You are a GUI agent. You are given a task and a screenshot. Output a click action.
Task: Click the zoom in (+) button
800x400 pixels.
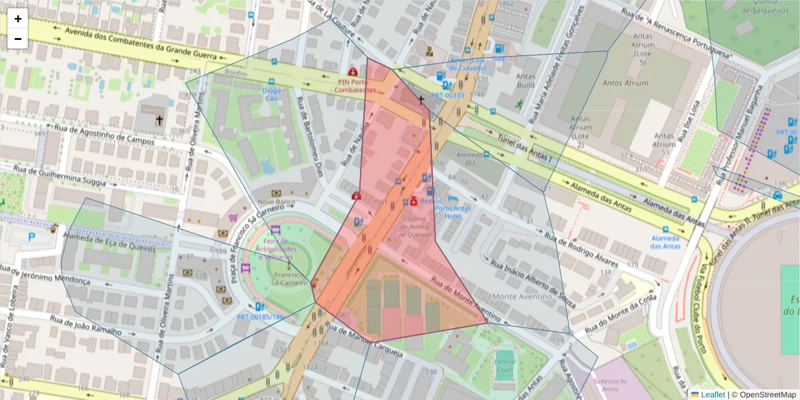tap(17, 19)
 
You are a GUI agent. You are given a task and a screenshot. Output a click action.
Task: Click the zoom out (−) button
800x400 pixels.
tap(17, 39)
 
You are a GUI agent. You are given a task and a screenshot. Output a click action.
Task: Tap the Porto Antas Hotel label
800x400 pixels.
tap(453, 207)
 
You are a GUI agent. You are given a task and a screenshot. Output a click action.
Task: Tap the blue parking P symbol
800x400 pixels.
tap(31, 236)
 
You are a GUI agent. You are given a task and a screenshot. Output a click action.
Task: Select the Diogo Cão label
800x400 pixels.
tap(271, 94)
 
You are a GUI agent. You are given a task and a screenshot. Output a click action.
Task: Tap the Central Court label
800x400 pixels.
tap(505, 365)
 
